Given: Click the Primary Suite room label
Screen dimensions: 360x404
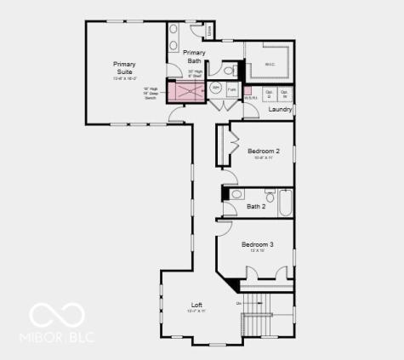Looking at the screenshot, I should (125, 67).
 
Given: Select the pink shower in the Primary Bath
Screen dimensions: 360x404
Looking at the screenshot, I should (186, 92).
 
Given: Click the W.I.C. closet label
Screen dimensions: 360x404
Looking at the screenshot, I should (269, 64).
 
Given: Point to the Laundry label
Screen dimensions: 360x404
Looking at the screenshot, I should (280, 109).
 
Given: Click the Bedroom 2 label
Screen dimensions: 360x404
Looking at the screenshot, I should (263, 151).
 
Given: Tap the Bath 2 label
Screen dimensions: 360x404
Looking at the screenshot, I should (256, 206).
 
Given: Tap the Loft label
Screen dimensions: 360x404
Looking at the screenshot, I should (196, 304).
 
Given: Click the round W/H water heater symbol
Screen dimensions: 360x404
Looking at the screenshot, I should (215, 88).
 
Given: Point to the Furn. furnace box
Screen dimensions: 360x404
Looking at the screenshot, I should (231, 88).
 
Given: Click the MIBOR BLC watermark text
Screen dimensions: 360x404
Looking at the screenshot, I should (57, 338).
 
